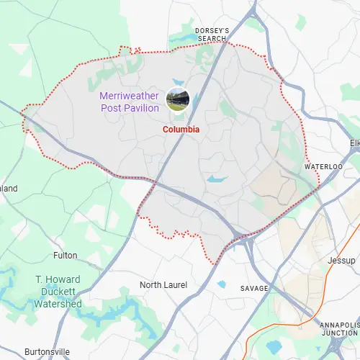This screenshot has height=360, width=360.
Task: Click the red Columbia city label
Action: [181, 130]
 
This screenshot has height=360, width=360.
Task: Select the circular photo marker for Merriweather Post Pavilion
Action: [177, 99]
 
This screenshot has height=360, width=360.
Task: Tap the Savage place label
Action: [253, 288]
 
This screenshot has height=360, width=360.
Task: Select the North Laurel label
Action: [163, 285]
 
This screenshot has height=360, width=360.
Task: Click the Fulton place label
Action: [66, 256]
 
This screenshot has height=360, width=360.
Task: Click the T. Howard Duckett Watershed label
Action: [58, 292]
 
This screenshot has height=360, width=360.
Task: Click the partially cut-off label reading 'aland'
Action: [9, 189]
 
